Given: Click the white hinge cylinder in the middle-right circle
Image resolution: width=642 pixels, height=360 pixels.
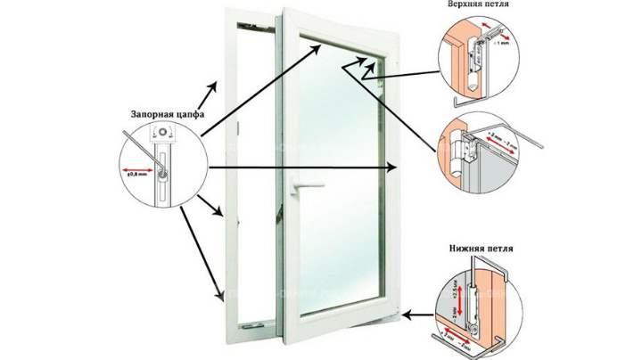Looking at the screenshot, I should (x=464, y=149).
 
